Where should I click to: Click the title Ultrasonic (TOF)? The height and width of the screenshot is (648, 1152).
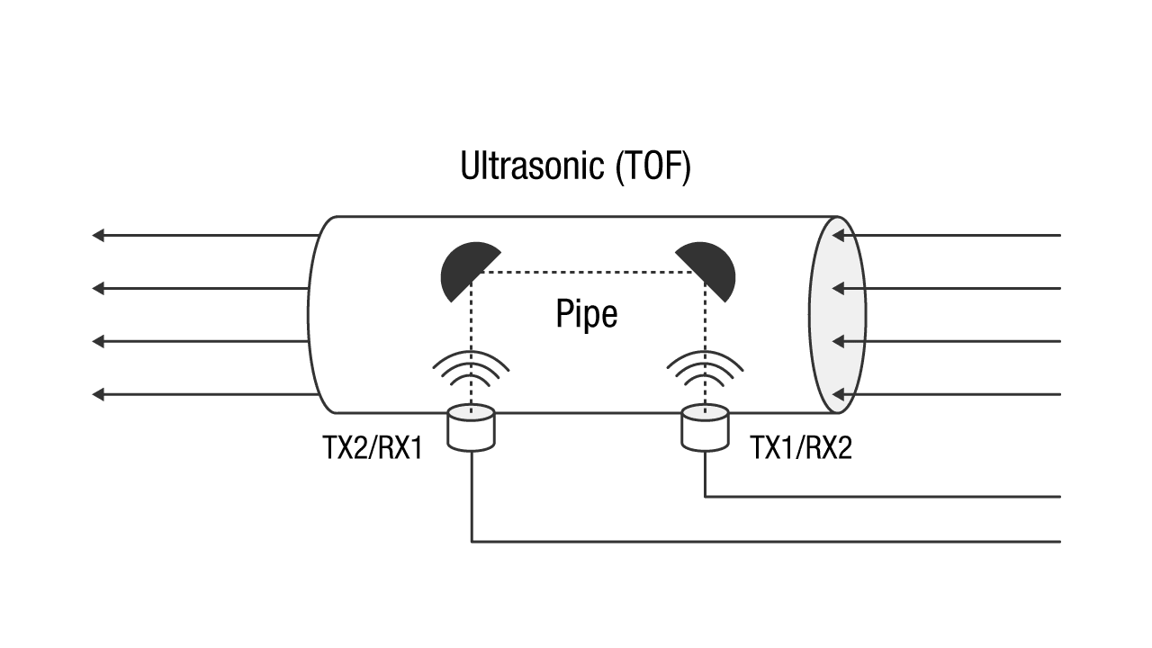[575, 167]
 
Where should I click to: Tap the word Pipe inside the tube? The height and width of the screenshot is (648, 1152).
[586, 315]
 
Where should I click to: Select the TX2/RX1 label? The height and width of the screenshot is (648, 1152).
[373, 448]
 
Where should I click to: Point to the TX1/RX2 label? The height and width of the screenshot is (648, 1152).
[800, 448]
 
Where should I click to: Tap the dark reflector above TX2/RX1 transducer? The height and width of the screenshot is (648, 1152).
[463, 270]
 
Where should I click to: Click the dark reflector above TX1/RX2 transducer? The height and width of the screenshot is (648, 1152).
[711, 270]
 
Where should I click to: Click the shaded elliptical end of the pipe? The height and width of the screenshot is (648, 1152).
[837, 315]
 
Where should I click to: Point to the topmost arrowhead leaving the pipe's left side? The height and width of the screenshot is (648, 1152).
[98, 236]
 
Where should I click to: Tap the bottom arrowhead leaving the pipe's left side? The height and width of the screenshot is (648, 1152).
[98, 394]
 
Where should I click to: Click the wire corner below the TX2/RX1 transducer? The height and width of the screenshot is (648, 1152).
[472, 542]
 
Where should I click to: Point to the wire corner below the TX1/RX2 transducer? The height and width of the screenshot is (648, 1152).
[705, 496]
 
